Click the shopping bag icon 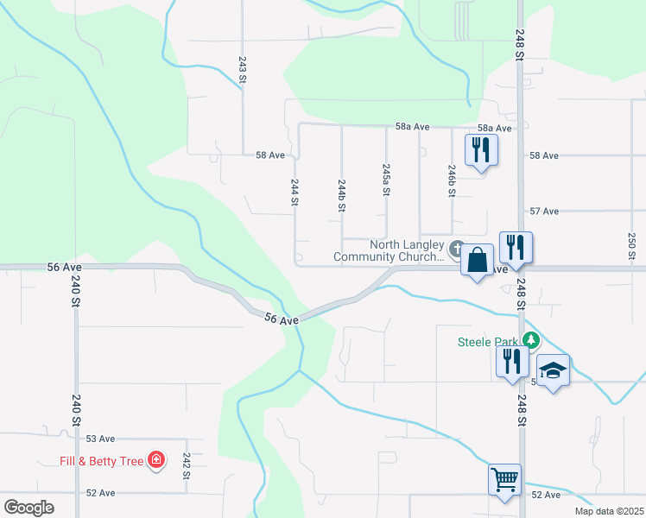tap(477, 260)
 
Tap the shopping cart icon tap(504, 478)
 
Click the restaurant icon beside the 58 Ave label tap(481, 150)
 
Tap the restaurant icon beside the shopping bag tap(516, 247)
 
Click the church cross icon tap(457, 248)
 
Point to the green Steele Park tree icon tap(533, 341)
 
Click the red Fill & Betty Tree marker tap(156, 460)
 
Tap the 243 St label tap(243, 70)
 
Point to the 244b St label tap(342, 196)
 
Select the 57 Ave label tap(544, 211)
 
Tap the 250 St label tap(631, 246)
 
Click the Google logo tap(28, 508)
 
